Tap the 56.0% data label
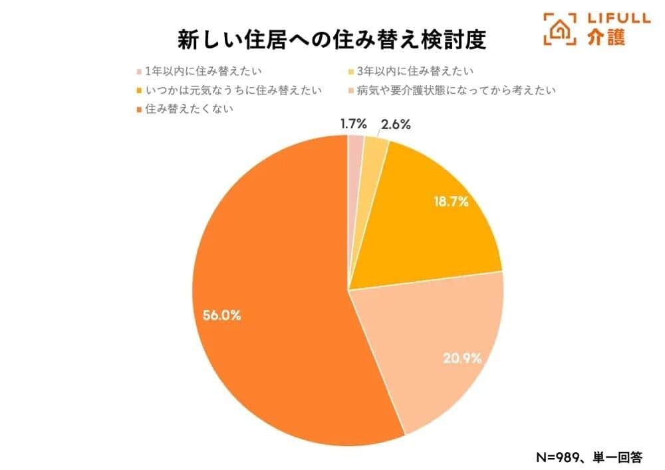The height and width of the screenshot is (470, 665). (222, 316)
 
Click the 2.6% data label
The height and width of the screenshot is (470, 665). (396, 124)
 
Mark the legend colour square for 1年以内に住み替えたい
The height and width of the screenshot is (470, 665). (138, 71)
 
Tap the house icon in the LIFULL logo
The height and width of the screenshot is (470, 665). (560, 30)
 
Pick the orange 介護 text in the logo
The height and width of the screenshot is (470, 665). (606, 38)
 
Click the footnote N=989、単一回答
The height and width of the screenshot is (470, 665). (589, 457)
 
